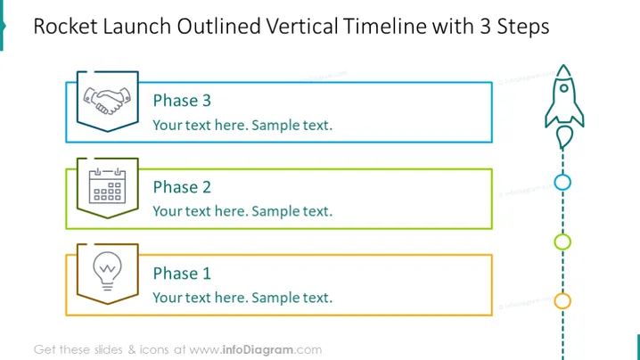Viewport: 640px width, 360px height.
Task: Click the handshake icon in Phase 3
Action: tap(107, 101)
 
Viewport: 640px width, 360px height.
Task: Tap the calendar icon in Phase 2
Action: tap(107, 185)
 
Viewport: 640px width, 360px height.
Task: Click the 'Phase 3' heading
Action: tap(182, 101)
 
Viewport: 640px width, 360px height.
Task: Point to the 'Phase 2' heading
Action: tap(182, 187)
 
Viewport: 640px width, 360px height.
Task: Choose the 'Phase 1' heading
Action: tap(182, 274)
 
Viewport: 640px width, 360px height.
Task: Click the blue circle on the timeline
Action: tap(562, 175)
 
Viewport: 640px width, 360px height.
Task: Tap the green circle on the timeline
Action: tap(562, 234)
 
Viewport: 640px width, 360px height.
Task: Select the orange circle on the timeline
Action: tap(562, 293)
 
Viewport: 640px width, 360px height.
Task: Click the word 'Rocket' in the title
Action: tap(66, 26)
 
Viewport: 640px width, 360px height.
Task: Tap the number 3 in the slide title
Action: tap(485, 26)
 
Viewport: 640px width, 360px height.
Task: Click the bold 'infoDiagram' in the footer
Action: tap(258, 350)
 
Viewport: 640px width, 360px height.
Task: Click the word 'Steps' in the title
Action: tap(523, 27)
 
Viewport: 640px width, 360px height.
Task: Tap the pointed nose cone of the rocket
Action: tap(563, 70)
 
